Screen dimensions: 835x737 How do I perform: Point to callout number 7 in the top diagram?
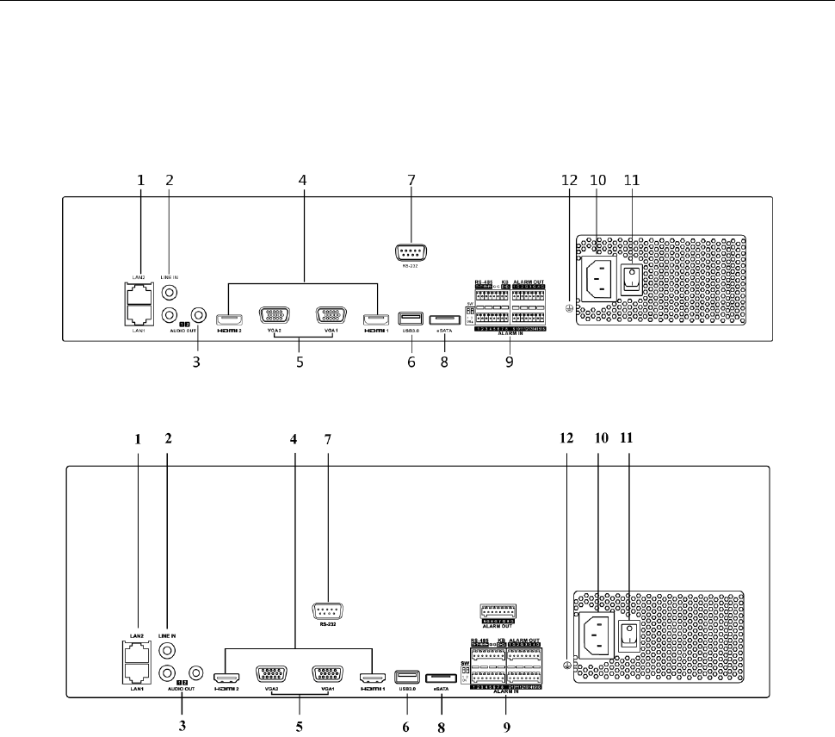coord(411,181)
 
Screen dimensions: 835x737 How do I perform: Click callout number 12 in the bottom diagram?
coord(566,437)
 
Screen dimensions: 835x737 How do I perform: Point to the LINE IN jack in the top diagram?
coord(170,293)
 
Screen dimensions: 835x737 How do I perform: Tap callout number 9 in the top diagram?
coord(510,362)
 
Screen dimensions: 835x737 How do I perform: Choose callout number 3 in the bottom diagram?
coord(182,725)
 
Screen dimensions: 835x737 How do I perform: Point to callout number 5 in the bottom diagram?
coord(300,725)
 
